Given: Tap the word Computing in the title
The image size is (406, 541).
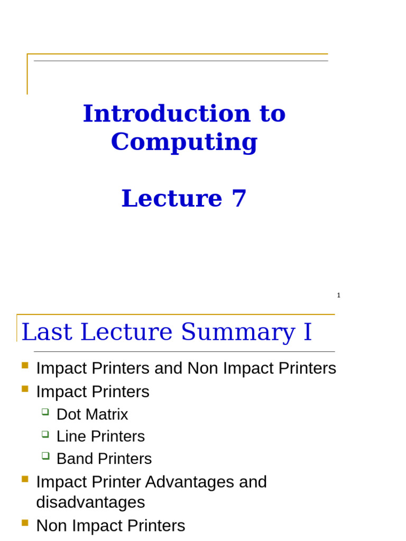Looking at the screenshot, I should point(184,142).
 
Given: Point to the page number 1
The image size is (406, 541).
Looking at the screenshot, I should point(339,295).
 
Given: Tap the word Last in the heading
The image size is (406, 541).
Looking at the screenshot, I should point(43,332).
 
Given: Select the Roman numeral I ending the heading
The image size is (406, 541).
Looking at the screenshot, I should point(308,332).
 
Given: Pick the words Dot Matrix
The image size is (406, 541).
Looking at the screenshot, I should point(92,415).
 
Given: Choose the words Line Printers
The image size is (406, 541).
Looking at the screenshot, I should point(100,437).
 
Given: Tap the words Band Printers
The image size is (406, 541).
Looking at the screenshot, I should point(104,459).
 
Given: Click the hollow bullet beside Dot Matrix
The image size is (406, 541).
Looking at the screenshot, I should point(45,412).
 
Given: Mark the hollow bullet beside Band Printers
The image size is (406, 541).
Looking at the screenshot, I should point(45,455).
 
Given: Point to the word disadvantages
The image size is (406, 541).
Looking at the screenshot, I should point(90,502).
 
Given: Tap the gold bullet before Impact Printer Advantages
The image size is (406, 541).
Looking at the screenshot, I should point(25,479).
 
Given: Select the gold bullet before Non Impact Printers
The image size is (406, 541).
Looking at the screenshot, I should point(25,523).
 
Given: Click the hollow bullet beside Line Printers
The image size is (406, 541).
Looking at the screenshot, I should point(45,434).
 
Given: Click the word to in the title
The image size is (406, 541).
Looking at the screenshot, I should point(267,114).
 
